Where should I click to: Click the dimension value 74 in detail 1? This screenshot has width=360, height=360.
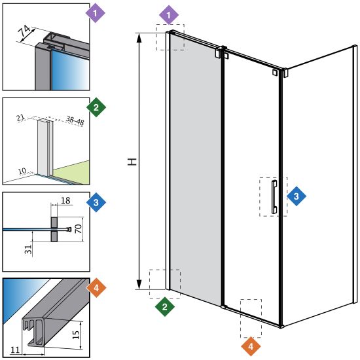point(25,31)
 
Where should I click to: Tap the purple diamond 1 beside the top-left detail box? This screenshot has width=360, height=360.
point(96,13)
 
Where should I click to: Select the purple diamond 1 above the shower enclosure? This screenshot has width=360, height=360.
point(169,15)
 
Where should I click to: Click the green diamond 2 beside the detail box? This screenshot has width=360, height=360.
point(96,107)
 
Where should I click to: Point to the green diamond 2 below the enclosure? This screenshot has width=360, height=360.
point(164,307)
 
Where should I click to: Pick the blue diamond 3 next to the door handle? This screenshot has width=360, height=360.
point(297,196)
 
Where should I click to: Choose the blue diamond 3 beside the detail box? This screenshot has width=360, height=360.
point(96,202)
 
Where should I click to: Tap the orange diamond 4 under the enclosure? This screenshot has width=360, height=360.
point(251,346)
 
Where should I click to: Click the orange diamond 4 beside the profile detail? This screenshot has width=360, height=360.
point(96,288)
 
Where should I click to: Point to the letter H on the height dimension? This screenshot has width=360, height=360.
point(132,162)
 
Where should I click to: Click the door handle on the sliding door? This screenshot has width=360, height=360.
point(274,197)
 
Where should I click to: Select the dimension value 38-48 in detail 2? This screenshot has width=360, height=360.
point(75,120)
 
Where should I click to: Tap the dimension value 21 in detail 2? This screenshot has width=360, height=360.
point(21,118)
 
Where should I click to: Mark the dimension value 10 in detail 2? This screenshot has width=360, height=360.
point(22,171)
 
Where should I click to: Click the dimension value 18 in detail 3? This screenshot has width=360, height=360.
point(65,200)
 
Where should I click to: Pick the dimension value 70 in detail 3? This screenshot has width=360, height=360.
point(79,228)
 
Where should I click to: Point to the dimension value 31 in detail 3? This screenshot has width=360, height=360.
point(28,249)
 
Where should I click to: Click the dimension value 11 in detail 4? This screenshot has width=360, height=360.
point(16,350)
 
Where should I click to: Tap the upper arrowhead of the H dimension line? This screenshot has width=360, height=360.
point(139,38)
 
